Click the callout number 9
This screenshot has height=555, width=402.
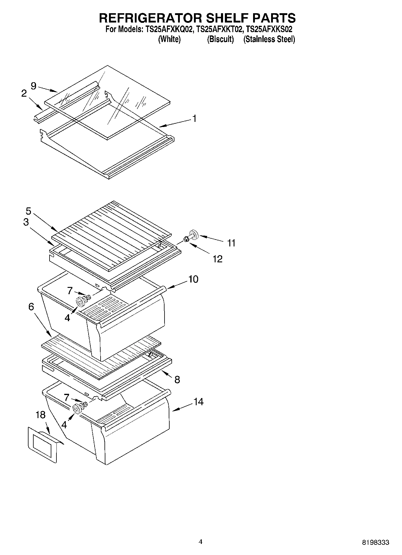(x=33, y=86)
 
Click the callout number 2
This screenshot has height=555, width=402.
(x=24, y=93)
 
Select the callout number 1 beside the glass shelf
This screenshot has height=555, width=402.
(x=194, y=119)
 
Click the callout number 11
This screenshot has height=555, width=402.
(x=231, y=243)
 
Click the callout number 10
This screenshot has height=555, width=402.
(x=193, y=279)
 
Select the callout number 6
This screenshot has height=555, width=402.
(x=31, y=306)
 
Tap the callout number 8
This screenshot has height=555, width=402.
(x=177, y=380)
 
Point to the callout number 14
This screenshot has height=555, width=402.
(x=198, y=402)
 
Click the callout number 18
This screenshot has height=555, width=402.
(x=40, y=415)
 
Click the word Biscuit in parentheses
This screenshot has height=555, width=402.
(x=220, y=39)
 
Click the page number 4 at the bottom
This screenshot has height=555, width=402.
(x=201, y=541)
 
